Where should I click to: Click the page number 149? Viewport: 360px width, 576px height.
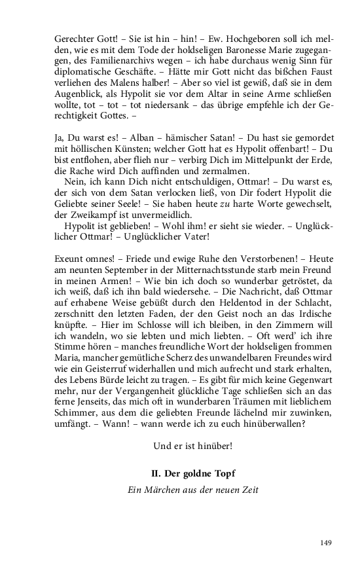coord(327,542)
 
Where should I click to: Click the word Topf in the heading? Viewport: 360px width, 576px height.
coord(223,473)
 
